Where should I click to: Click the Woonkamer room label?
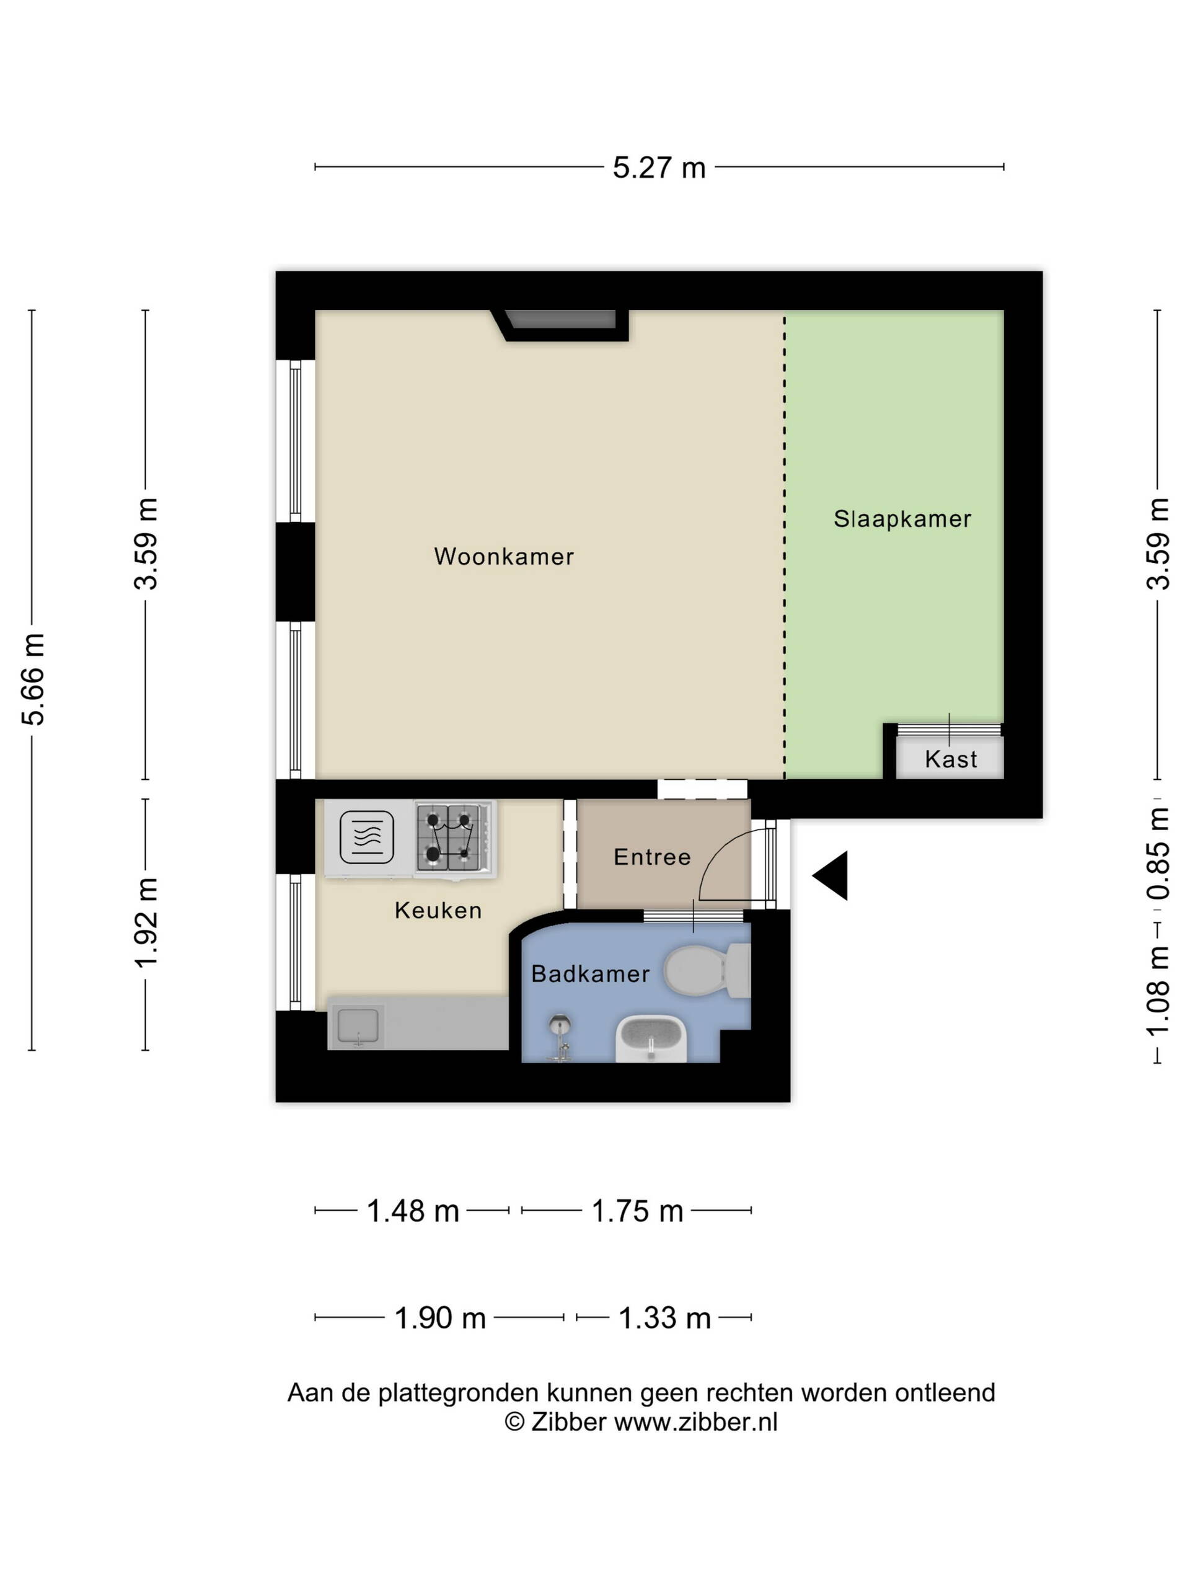pyautogui.click(x=503, y=557)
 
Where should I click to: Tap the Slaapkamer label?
pyautogui.click(x=902, y=519)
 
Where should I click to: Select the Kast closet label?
pyautogui.click(x=950, y=759)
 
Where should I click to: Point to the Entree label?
pyautogui.click(x=652, y=857)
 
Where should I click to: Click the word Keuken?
pyautogui.click(x=438, y=911)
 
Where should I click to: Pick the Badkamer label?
pyautogui.click(x=590, y=973)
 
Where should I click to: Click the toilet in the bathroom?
pyautogui.click(x=707, y=970)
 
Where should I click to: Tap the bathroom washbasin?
pyautogui.click(x=651, y=1038)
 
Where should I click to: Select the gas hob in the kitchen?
pyautogui.click(x=454, y=839)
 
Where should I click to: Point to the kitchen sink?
pyautogui.click(x=357, y=1027)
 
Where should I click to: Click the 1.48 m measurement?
pyautogui.click(x=412, y=1211)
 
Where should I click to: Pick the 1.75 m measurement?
pyautogui.click(x=637, y=1211)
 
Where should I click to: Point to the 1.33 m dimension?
pyautogui.click(x=664, y=1318)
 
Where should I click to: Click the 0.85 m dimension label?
pyautogui.click(x=1158, y=854)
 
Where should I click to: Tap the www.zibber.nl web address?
pyautogui.click(x=696, y=1422)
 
